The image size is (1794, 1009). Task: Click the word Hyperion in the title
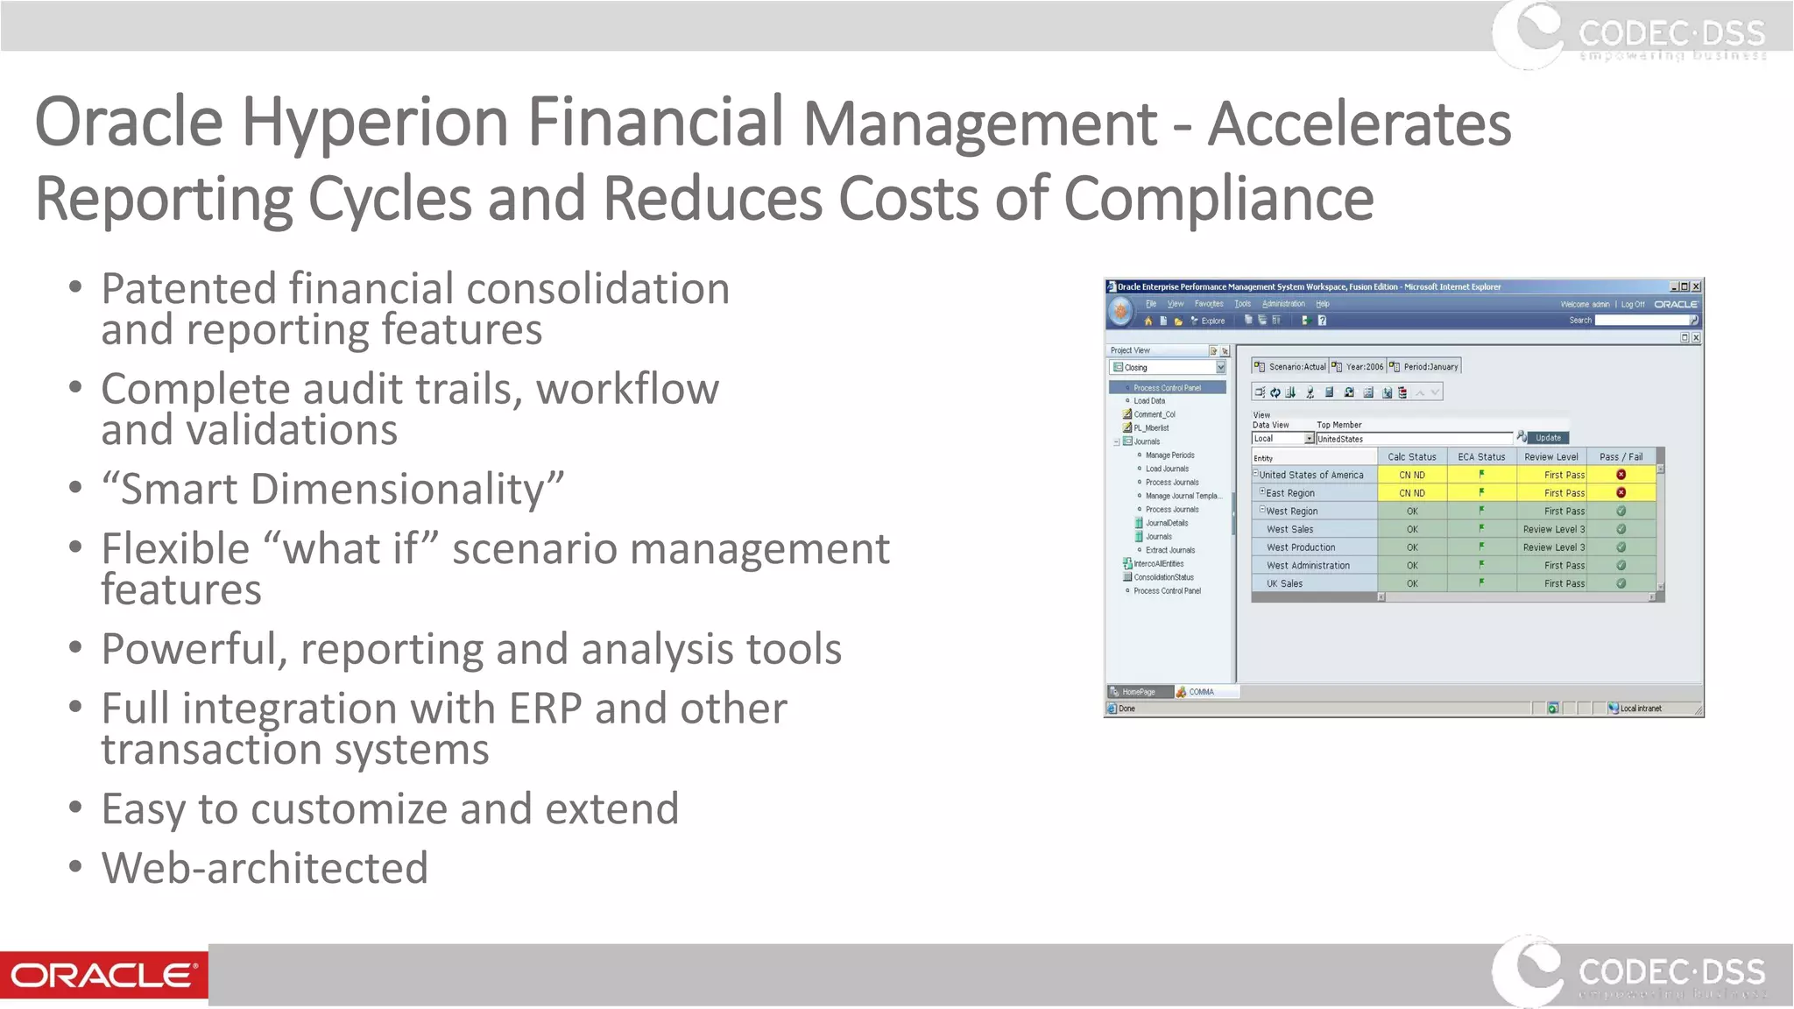pyautogui.click(x=374, y=123)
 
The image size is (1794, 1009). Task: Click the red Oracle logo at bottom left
pyautogui.click(x=103, y=975)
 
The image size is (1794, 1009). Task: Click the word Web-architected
pyautogui.click(x=265, y=869)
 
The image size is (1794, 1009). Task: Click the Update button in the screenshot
pyautogui.click(x=1548, y=438)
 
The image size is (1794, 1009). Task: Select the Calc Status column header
pyautogui.click(x=1411, y=457)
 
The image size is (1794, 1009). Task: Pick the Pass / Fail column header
pyautogui.click(x=1621, y=457)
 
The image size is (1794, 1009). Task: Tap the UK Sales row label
pyautogui.click(x=1284, y=583)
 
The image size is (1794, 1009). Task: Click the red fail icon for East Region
pyautogui.click(x=1621, y=493)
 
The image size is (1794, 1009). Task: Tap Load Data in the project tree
pyautogui.click(x=1148, y=401)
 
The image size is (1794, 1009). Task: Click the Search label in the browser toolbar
pyautogui.click(x=1579, y=321)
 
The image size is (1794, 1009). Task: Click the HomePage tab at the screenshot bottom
pyautogui.click(x=1138, y=692)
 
